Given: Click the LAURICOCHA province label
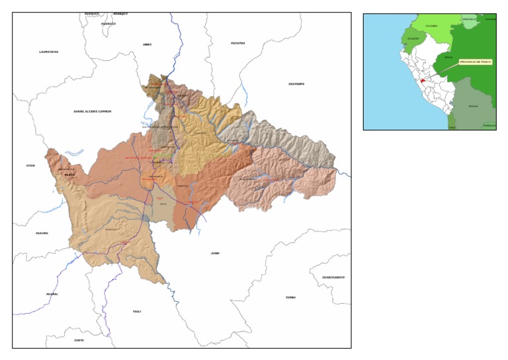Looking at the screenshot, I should tap(49, 51).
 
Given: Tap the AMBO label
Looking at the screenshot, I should tap(147, 44).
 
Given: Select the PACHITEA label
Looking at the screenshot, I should tap(238, 43).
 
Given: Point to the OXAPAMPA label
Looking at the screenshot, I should tap(296, 84).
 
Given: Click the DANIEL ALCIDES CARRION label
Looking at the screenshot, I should tap(93, 111).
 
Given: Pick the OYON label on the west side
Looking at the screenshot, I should tap(30, 165).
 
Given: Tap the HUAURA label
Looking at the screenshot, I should tap(42, 234).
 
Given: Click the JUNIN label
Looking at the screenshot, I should tap(214, 253).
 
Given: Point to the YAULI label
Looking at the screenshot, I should tap(137, 311).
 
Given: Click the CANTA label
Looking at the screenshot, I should tap(79, 340).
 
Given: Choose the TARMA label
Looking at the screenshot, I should tap(290, 298).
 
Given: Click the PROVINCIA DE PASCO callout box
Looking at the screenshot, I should tap(476, 62).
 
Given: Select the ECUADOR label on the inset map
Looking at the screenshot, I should tap(413, 38).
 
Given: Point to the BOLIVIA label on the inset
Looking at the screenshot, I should tap(473, 106).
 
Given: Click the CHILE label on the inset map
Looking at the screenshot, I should tap(452, 126).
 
